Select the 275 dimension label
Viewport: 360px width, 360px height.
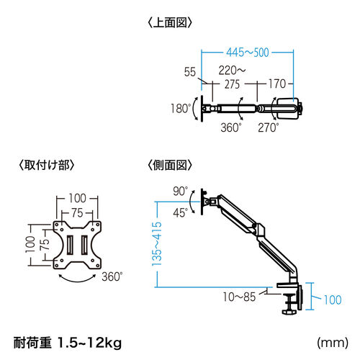click(232, 84)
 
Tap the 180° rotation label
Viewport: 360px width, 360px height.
click(181, 109)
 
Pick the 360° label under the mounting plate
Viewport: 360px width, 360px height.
click(112, 276)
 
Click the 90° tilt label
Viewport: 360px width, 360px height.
click(179, 191)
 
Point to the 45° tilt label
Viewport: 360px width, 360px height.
click(180, 212)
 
